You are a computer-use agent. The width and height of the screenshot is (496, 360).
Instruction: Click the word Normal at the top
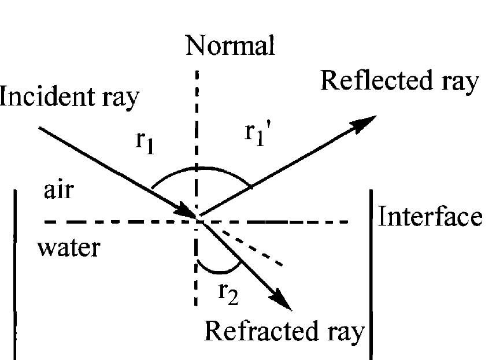230,46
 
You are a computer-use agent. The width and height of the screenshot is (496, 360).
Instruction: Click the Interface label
430,217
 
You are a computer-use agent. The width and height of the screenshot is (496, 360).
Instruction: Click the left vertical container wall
14,272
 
